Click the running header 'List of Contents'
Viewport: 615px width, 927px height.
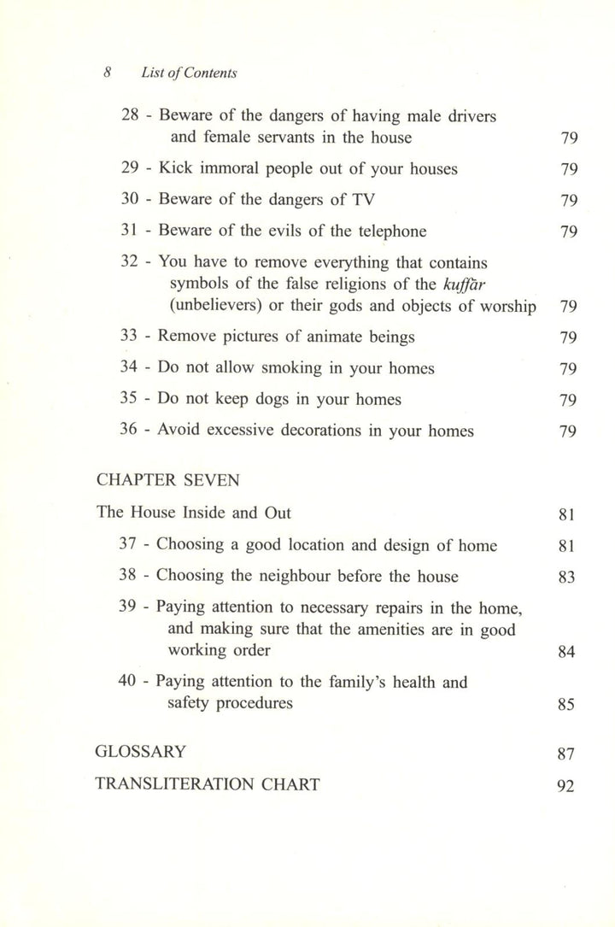pyautogui.click(x=189, y=73)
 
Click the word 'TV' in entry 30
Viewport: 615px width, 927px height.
pyautogui.click(x=358, y=200)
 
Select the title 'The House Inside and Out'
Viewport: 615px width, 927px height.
pyautogui.click(x=194, y=513)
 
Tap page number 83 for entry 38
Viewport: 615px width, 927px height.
pyautogui.click(x=566, y=577)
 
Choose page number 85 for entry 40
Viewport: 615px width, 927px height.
pyautogui.click(x=566, y=706)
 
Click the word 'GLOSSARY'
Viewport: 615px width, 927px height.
pyautogui.click(x=140, y=753)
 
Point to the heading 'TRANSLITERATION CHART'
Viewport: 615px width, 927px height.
pyautogui.click(x=208, y=784)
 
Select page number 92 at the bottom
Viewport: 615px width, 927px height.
pyautogui.click(x=566, y=787)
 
